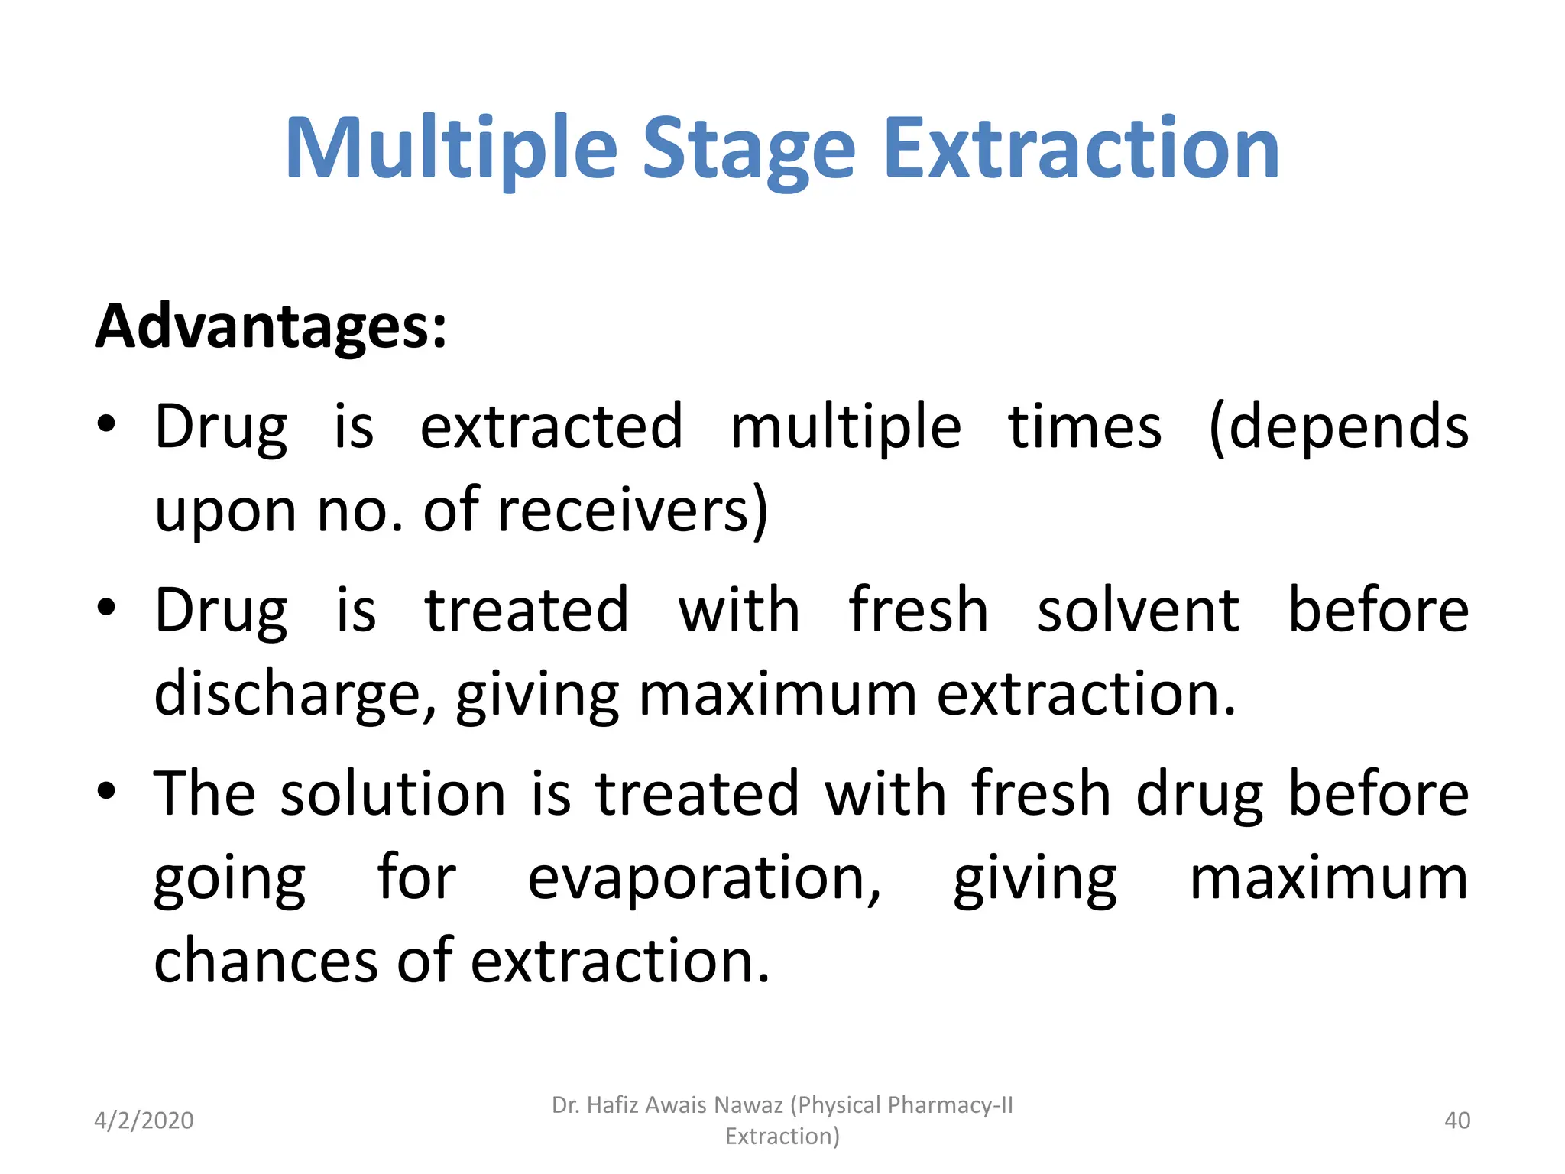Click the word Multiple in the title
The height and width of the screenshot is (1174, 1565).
click(x=451, y=149)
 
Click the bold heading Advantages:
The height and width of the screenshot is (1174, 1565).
click(x=271, y=326)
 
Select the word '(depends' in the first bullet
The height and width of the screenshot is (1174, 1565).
click(x=1337, y=426)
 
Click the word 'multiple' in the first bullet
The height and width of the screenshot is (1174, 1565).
click(x=845, y=426)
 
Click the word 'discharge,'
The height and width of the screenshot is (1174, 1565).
click(x=295, y=694)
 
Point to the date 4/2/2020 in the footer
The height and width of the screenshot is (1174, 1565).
click(x=144, y=1120)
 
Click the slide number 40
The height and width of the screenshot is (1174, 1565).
click(x=1457, y=1120)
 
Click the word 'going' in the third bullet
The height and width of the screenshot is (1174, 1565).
click(x=229, y=879)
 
